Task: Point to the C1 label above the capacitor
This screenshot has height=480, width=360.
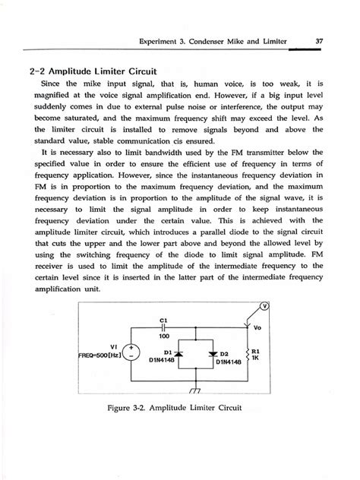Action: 164,318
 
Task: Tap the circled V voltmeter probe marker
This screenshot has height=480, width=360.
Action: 286,306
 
